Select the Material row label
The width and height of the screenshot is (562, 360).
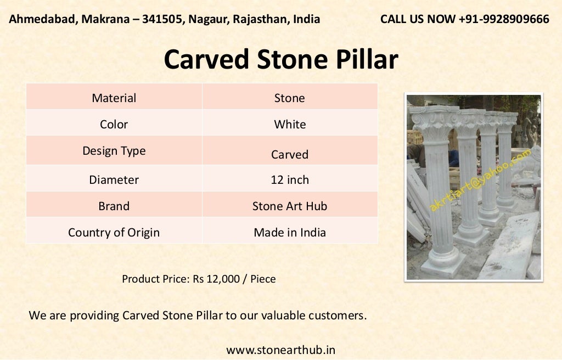click(x=114, y=98)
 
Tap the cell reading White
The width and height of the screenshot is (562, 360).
click(x=290, y=125)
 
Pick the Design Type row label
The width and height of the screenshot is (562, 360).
click(x=114, y=151)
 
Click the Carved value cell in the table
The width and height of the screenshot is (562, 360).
click(x=290, y=155)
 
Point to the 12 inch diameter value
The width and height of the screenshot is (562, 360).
click(x=290, y=180)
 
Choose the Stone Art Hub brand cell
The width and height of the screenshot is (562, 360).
click(x=290, y=206)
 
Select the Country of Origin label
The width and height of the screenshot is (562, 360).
click(x=114, y=233)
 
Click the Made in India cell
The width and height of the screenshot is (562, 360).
click(x=290, y=233)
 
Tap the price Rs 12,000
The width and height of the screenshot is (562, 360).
click(x=216, y=279)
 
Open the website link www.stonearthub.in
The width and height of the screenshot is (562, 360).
click(x=280, y=350)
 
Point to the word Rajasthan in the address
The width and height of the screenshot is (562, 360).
click(x=261, y=19)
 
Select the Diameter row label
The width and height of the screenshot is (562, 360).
click(x=114, y=180)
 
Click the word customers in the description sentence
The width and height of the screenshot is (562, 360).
click(x=335, y=316)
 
